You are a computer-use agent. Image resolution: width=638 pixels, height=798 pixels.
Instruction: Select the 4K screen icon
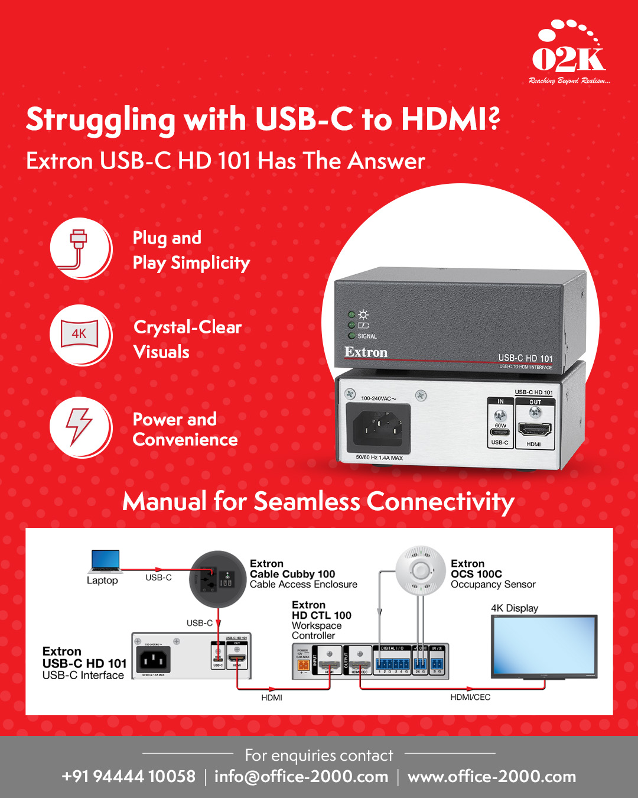(80, 335)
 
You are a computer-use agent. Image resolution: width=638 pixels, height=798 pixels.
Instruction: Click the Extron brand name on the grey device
(366, 352)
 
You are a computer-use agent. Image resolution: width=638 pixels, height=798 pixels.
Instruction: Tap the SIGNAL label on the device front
(367, 336)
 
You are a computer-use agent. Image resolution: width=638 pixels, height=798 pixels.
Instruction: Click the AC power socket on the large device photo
(381, 426)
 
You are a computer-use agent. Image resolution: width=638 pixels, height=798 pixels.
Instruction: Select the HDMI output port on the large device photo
(534, 429)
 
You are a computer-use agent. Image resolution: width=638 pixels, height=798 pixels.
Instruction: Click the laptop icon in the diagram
(106, 561)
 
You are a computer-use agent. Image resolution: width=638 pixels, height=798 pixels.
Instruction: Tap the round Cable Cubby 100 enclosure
(217, 579)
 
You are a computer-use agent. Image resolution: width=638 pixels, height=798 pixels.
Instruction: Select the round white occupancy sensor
(420, 570)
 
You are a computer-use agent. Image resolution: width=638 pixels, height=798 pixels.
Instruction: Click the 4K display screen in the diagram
(544, 645)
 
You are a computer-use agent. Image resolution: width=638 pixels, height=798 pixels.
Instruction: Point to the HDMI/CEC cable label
(470, 698)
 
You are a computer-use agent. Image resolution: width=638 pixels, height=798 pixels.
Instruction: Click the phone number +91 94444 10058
(128, 777)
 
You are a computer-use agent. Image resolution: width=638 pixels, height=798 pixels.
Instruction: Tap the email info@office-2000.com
(301, 777)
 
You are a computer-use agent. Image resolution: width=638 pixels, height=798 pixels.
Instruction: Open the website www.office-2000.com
(491, 777)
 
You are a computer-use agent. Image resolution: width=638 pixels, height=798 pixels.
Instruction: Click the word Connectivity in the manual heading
(440, 502)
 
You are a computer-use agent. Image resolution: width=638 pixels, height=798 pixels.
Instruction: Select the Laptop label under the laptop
(102, 580)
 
